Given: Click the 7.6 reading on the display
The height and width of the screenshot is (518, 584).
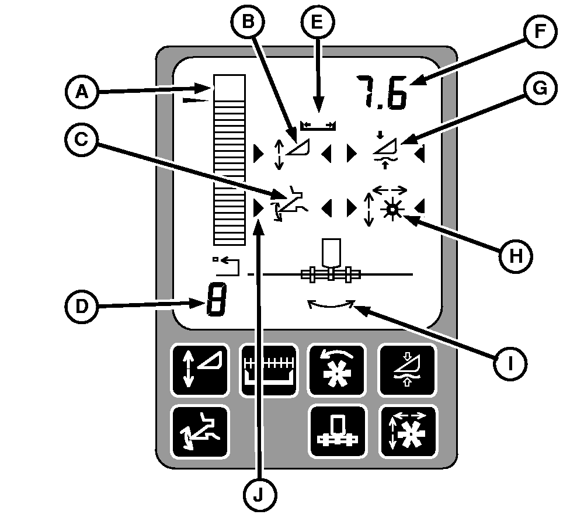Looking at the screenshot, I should click(x=383, y=92).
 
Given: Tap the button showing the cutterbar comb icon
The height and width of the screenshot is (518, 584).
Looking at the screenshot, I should click(x=269, y=370).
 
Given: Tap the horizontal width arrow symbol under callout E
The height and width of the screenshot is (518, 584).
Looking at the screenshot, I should click(x=318, y=125).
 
